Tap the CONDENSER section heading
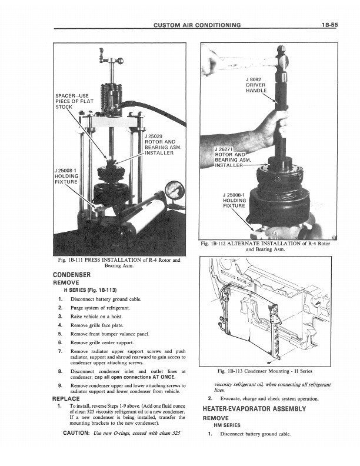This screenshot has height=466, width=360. tap(72, 275)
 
